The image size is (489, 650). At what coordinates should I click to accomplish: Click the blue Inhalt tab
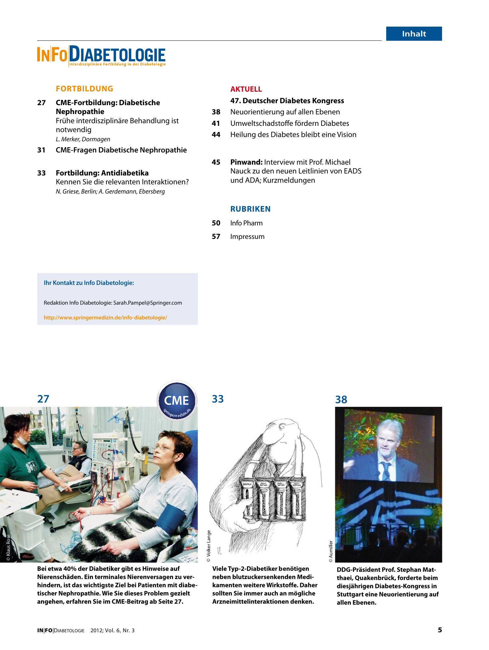[x=414, y=34]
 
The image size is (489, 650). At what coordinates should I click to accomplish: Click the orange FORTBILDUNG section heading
[x=84, y=89]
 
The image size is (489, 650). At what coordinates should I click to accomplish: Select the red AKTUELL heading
[x=246, y=89]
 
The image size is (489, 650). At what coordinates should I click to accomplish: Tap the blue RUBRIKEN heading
[x=250, y=209]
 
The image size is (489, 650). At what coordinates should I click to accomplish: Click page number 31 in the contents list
[x=41, y=150]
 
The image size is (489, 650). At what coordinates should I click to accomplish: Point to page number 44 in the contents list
[x=216, y=135]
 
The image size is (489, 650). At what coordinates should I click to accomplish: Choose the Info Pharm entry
[x=246, y=223]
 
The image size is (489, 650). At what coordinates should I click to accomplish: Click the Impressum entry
[x=247, y=237]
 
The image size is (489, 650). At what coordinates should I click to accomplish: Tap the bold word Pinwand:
[x=246, y=162]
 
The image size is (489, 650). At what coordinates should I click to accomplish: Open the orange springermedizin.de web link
[x=105, y=318]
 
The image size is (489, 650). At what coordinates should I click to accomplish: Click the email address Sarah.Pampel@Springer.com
[x=147, y=303]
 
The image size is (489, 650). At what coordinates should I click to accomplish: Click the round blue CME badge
[x=177, y=400]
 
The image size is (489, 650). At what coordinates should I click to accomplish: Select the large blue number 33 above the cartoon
[x=218, y=399]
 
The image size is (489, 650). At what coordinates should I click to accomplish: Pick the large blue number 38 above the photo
[x=341, y=400]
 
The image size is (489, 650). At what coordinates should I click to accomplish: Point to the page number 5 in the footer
[x=440, y=630]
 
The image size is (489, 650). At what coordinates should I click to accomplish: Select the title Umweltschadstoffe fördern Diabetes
[x=290, y=124]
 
